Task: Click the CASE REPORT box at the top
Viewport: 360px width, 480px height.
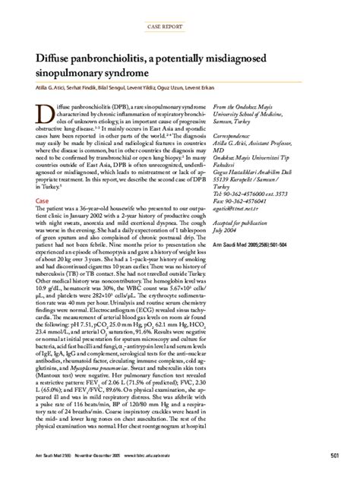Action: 180,25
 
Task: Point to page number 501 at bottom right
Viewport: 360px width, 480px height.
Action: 334,454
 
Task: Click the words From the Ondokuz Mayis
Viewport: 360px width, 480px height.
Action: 270,109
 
